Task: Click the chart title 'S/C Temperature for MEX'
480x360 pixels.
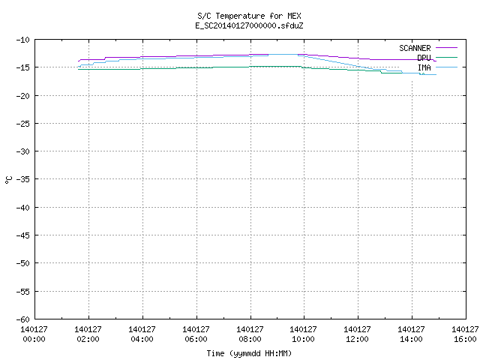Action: [249, 16]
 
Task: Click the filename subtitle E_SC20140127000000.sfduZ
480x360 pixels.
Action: [249, 25]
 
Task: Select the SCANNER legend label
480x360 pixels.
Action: [415, 48]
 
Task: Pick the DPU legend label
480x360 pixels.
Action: [424, 58]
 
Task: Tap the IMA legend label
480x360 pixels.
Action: [424, 67]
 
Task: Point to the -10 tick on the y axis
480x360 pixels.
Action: [23, 40]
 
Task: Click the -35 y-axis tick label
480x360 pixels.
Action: [23, 179]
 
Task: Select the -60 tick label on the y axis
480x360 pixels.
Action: [23, 319]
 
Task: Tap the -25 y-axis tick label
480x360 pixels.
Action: [23, 124]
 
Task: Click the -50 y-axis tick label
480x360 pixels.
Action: [23, 263]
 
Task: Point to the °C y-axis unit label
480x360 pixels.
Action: [8, 180]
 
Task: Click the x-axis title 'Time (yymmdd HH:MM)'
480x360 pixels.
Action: [249, 353]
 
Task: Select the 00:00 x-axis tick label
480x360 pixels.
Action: [34, 339]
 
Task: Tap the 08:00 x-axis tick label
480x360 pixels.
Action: [250, 339]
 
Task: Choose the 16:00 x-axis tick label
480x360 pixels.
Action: [465, 339]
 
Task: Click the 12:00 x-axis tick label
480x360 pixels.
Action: [357, 339]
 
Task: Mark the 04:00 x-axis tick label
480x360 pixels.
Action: [142, 339]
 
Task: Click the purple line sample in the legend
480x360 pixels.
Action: [446, 48]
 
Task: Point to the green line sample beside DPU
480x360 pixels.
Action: [446, 57]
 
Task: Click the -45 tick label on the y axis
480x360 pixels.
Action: [23, 235]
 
